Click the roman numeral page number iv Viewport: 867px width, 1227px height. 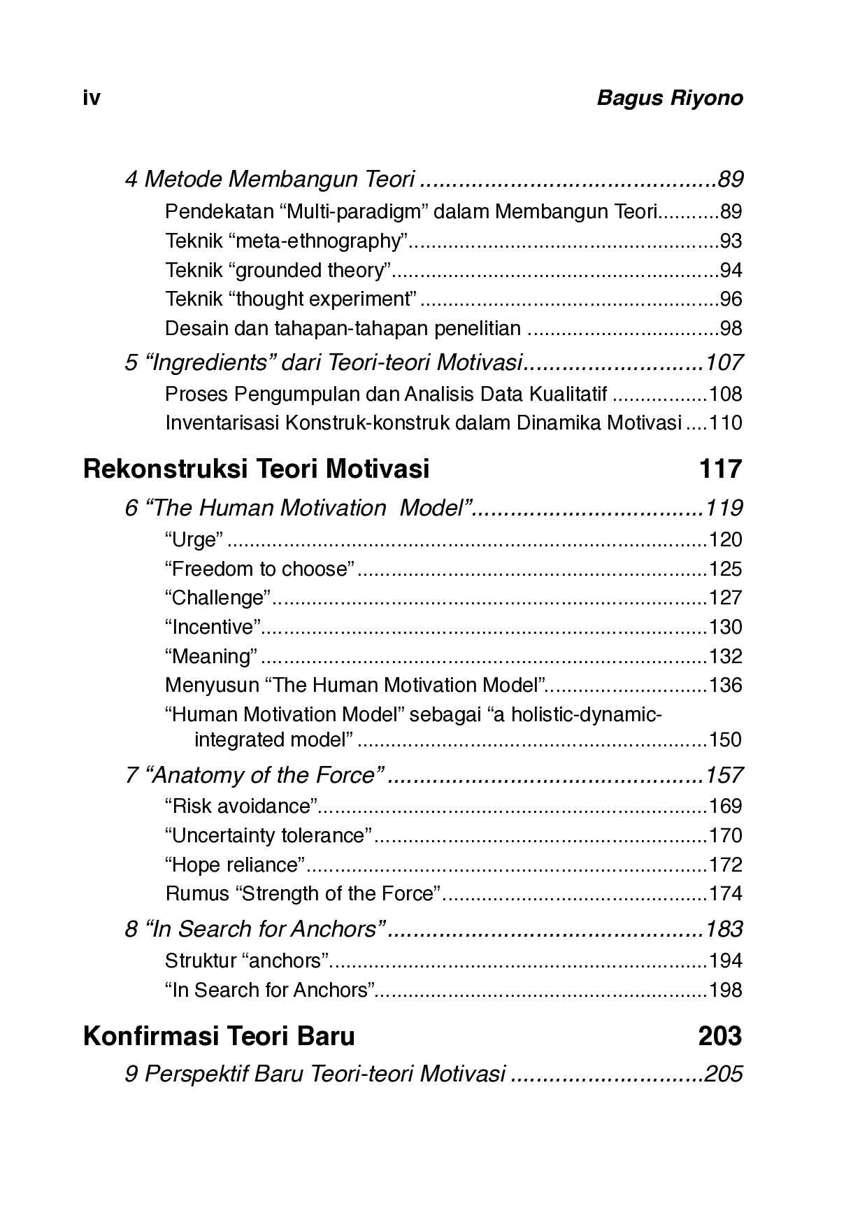point(92,98)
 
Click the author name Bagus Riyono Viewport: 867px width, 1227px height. point(669,98)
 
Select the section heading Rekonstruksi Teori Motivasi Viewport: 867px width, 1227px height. point(256,468)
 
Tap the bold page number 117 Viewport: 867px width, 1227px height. point(719,468)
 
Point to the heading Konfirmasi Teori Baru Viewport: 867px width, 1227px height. point(219,1035)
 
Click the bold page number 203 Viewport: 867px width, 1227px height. point(719,1035)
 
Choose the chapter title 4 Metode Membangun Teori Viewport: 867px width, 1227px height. point(270,180)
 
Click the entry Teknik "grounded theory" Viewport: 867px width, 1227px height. point(278,270)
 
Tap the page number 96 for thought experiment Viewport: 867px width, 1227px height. point(731,299)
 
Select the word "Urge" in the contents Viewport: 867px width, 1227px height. point(194,540)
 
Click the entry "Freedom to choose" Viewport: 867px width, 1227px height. point(260,569)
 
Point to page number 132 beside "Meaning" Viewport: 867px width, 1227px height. point(725,657)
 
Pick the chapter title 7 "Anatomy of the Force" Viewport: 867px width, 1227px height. point(255,775)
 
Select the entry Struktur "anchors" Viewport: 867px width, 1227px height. point(247,961)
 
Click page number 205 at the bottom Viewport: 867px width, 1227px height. point(723,1074)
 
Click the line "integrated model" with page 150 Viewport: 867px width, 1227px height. point(273,740)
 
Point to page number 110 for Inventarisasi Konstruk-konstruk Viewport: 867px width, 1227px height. point(725,423)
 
